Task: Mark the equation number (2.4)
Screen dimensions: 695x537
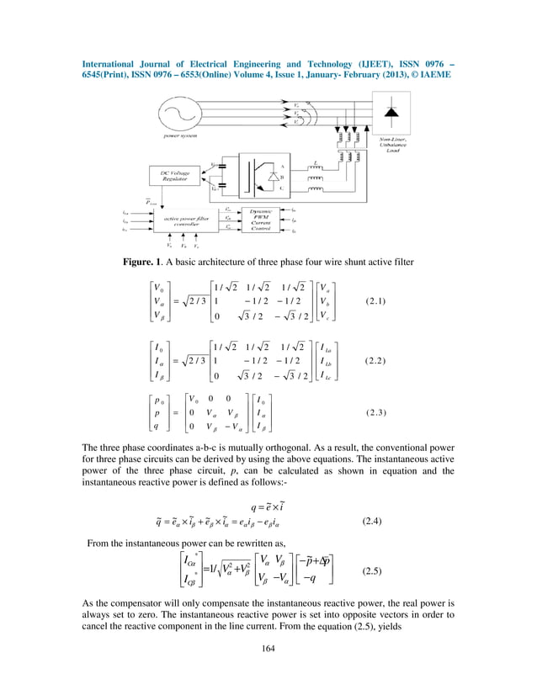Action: [x=371, y=522]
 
